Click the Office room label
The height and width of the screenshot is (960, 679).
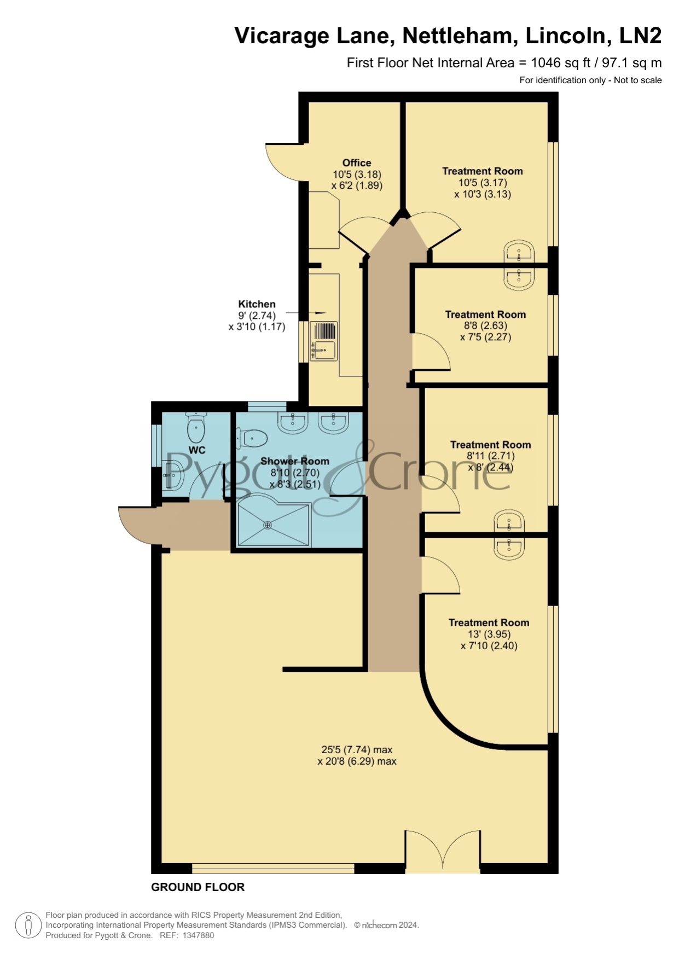(x=357, y=163)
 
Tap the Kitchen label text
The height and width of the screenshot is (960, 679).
(x=257, y=304)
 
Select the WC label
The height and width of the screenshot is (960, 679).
(x=197, y=450)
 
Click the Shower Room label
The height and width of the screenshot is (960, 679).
(x=295, y=461)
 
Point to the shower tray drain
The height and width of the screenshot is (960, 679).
(x=268, y=525)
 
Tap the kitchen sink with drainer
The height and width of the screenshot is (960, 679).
(x=324, y=341)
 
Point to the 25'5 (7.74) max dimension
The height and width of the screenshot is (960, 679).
(x=357, y=749)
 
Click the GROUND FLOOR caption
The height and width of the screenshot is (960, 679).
(x=198, y=887)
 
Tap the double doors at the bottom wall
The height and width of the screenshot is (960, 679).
(x=443, y=851)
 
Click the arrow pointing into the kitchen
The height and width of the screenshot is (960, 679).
(x=312, y=313)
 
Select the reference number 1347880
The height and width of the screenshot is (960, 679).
(x=198, y=935)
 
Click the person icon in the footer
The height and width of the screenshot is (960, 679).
(x=28, y=926)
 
